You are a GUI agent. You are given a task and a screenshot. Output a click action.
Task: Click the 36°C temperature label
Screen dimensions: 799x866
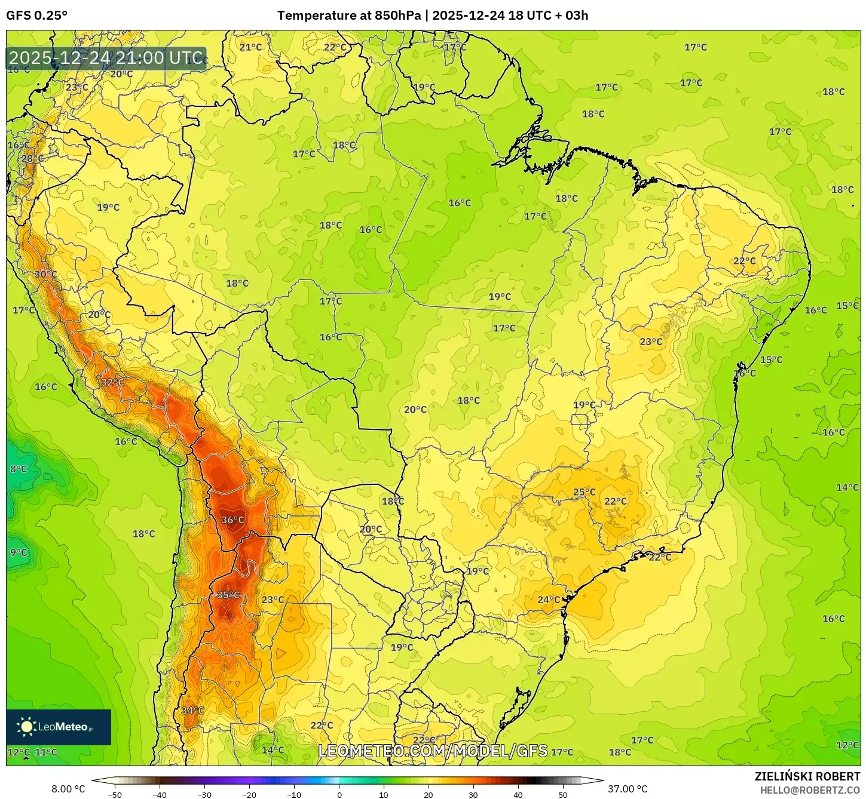point(232,520)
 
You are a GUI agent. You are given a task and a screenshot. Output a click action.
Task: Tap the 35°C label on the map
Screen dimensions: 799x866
point(228,595)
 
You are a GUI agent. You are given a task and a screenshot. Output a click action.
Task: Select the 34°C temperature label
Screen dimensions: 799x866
point(192,711)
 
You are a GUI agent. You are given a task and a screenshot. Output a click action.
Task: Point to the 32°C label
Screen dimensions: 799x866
point(112,382)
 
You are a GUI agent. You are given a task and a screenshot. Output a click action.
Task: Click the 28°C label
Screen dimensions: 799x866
point(32,159)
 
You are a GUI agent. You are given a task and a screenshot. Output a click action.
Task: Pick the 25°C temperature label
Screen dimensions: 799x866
point(584,492)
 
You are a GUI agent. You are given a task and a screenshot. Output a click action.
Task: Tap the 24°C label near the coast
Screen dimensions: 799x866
point(549,600)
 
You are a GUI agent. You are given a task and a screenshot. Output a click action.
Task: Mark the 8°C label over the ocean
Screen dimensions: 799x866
point(19,469)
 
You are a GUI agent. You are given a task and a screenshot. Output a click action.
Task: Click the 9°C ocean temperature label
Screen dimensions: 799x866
point(19,553)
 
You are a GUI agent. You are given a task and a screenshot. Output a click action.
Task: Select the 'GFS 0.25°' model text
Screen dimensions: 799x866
point(37,16)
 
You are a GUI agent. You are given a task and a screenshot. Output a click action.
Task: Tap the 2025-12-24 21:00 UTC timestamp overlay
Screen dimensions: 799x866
point(106,58)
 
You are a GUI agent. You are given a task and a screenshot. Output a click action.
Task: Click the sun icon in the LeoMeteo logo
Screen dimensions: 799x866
point(26,727)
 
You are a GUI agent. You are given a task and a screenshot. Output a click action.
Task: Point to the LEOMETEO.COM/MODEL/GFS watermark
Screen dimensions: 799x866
point(433,751)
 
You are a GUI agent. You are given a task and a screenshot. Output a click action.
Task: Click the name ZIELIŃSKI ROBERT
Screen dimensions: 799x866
point(807,776)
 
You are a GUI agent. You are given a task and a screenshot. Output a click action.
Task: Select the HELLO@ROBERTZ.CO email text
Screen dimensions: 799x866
point(810,790)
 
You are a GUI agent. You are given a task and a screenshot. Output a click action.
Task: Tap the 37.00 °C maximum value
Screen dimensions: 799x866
point(628,789)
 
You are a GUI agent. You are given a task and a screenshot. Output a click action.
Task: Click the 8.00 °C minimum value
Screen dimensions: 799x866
point(68,789)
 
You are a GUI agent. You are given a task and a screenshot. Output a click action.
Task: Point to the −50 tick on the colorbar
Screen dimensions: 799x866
point(114,795)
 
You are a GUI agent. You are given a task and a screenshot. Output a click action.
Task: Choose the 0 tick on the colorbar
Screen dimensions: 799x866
point(339,795)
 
